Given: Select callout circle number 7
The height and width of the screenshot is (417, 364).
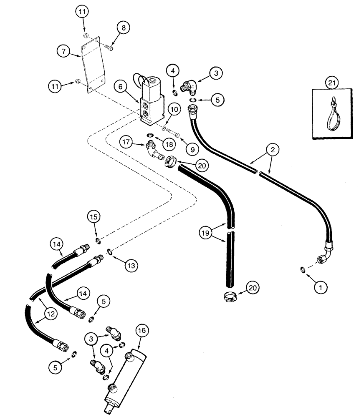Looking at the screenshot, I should [63, 51].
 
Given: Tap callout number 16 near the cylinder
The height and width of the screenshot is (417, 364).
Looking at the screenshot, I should [142, 331].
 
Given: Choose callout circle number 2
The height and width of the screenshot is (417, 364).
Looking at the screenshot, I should [272, 149].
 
